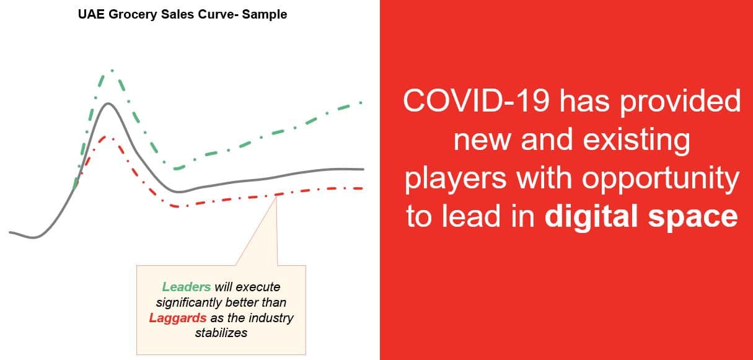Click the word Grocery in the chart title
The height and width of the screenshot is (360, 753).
tap(133, 15)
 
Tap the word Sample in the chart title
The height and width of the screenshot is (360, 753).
tap(265, 15)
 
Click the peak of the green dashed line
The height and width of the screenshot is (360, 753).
tap(112, 70)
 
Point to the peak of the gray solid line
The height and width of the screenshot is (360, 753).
tap(108, 103)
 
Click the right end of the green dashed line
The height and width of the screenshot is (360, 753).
tap(361, 102)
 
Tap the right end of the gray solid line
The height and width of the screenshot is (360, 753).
tap(363, 169)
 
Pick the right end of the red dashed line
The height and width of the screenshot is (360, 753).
tap(362, 188)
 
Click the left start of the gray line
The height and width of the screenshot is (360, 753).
tap(10, 232)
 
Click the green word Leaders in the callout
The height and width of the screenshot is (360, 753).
tap(187, 287)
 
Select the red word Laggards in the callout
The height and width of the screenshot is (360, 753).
tap(178, 318)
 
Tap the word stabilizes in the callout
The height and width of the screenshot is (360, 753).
tap(221, 333)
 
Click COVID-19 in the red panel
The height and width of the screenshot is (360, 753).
tap(476, 100)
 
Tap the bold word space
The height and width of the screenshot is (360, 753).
tap(693, 217)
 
